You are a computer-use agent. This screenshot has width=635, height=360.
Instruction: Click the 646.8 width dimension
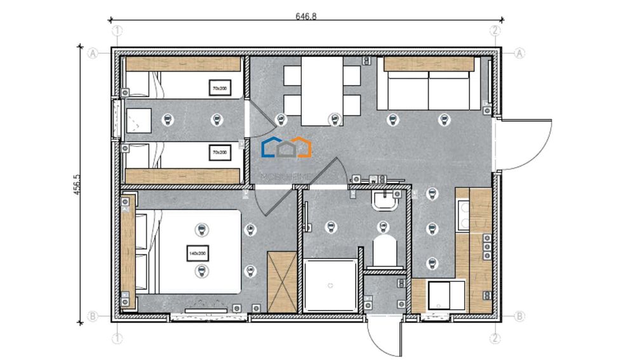(x=306, y=17)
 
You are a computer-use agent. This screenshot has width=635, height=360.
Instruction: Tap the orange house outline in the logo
(x=304, y=147)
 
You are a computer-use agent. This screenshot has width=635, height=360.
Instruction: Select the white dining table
(x=321, y=91)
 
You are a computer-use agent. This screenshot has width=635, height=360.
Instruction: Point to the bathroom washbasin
(x=384, y=201)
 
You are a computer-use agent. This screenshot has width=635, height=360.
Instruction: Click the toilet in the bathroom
(x=384, y=251)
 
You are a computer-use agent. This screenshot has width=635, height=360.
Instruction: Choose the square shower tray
(x=330, y=285)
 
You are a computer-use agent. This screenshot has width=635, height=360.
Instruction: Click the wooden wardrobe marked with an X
(x=282, y=281)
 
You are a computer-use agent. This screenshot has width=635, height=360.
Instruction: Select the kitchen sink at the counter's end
(x=439, y=295)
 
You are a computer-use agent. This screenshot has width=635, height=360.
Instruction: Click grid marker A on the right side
(x=519, y=54)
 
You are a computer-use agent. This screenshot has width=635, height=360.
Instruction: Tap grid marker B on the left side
(x=93, y=316)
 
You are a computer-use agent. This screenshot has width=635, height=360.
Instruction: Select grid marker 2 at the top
(x=496, y=30)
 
